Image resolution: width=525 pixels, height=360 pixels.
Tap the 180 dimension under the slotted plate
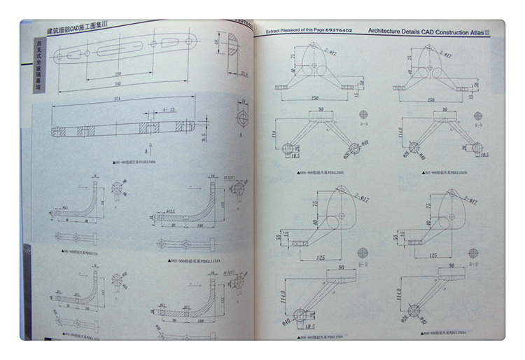tap(118, 74)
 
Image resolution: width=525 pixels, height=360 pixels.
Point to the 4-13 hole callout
tap(169, 111)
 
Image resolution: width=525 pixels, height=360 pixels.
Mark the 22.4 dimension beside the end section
tap(244, 74)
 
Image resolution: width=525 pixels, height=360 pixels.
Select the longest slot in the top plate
tap(118, 53)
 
